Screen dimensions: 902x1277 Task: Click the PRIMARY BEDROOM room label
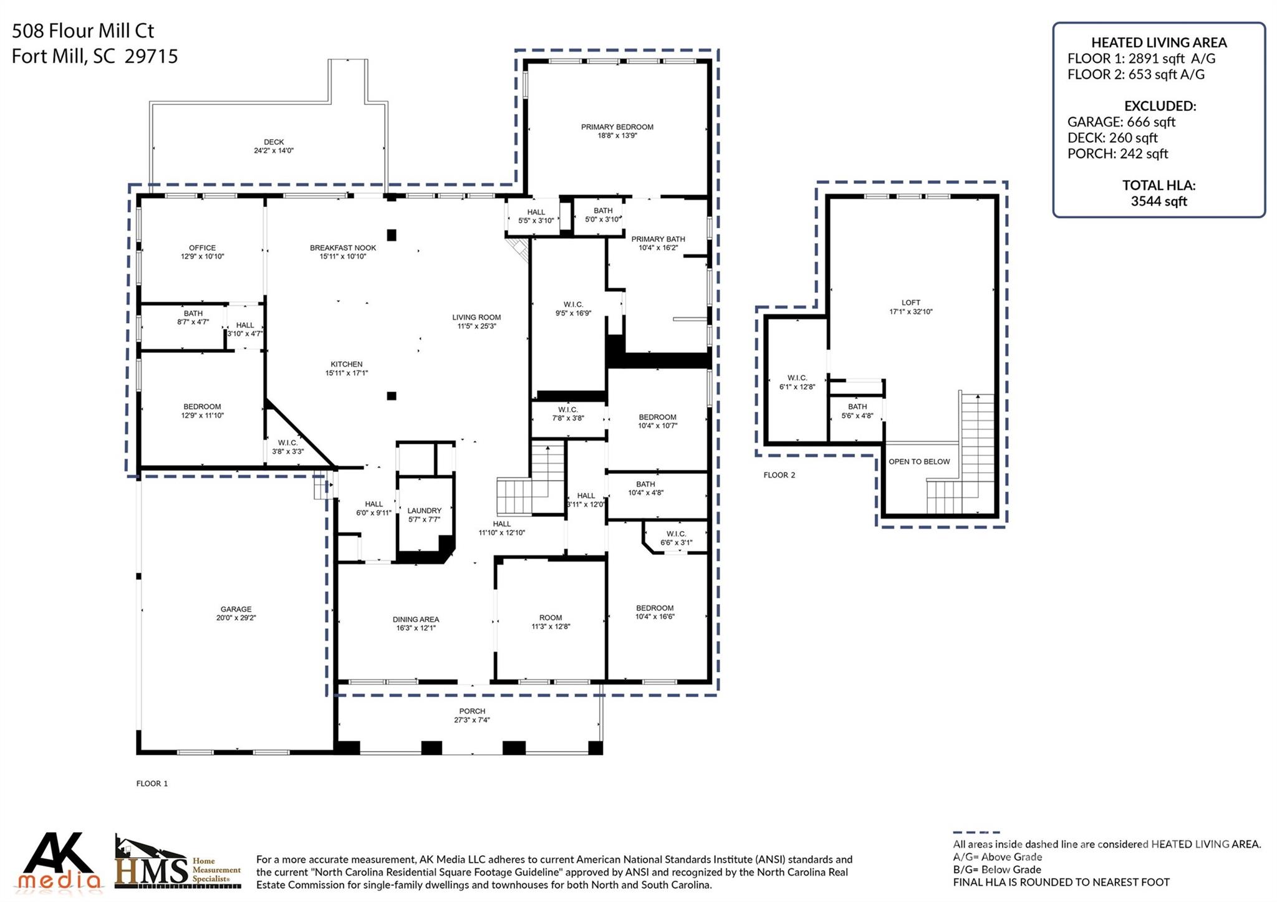617,127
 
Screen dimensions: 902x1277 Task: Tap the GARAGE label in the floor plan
236,609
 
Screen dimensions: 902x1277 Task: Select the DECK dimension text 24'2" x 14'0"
273,151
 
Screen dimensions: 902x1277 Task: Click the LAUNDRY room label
424,511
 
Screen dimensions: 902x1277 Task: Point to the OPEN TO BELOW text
918,462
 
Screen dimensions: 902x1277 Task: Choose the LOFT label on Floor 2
910,303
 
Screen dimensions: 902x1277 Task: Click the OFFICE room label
202,248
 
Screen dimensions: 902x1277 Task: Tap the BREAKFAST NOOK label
342,248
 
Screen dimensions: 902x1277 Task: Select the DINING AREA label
415,620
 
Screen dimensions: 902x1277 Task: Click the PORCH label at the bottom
471,711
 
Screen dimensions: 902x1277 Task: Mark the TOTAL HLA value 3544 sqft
1158,201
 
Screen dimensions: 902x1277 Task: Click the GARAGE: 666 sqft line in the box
1120,122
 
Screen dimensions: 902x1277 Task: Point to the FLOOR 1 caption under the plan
152,784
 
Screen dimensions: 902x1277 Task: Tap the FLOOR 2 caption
779,476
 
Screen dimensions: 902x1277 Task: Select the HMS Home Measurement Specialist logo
177,863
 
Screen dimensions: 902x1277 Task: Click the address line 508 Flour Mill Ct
82,31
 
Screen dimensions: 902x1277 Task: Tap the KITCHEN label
346,365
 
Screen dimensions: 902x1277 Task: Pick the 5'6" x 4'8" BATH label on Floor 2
857,411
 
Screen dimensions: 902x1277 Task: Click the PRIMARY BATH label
657,239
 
